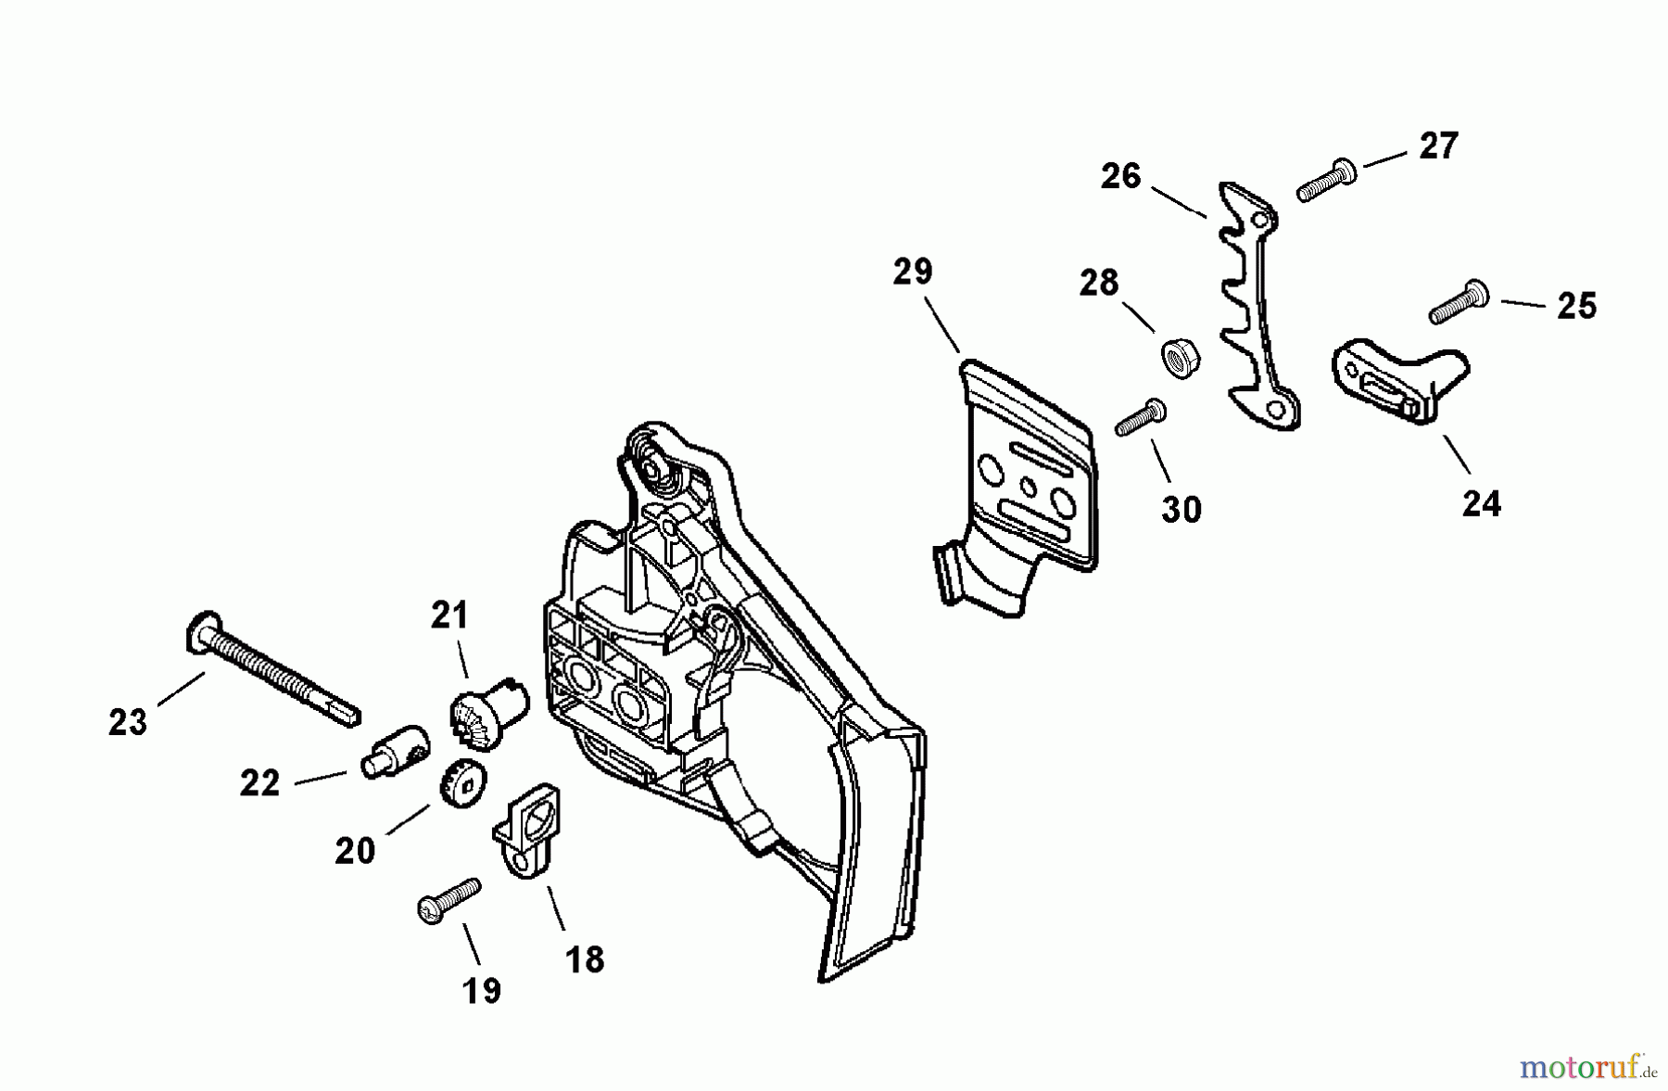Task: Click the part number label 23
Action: (x=128, y=722)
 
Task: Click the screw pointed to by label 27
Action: (x=1326, y=180)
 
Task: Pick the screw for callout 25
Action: (x=1459, y=303)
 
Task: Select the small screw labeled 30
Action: (x=1140, y=418)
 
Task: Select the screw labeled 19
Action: (x=449, y=899)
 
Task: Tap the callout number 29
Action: (x=913, y=272)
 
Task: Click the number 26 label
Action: (x=1120, y=176)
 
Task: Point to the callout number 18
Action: (x=585, y=959)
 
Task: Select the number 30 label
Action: (x=1181, y=509)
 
